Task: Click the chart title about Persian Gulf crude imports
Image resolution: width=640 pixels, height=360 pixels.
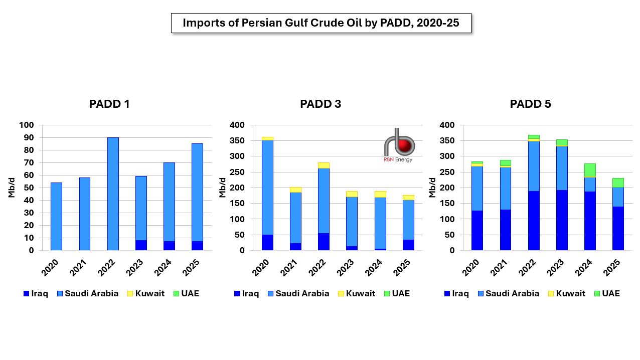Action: click(x=321, y=23)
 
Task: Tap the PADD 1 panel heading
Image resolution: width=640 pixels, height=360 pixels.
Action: click(x=109, y=104)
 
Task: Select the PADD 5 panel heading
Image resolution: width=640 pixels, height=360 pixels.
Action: click(x=530, y=104)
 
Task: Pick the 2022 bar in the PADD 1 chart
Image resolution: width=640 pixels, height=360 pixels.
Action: click(x=113, y=194)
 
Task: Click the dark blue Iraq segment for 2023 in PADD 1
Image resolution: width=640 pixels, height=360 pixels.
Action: click(x=141, y=245)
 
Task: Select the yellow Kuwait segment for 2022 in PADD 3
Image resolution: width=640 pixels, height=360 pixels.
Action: click(x=324, y=165)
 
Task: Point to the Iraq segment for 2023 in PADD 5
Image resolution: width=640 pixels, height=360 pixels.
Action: click(x=562, y=220)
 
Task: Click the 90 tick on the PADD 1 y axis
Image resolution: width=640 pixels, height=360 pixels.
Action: click(x=30, y=138)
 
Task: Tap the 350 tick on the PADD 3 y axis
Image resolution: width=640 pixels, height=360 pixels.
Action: click(x=237, y=141)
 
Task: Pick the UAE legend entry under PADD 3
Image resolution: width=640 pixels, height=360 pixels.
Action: click(x=396, y=294)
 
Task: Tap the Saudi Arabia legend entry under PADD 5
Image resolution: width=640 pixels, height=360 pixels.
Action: click(x=507, y=294)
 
